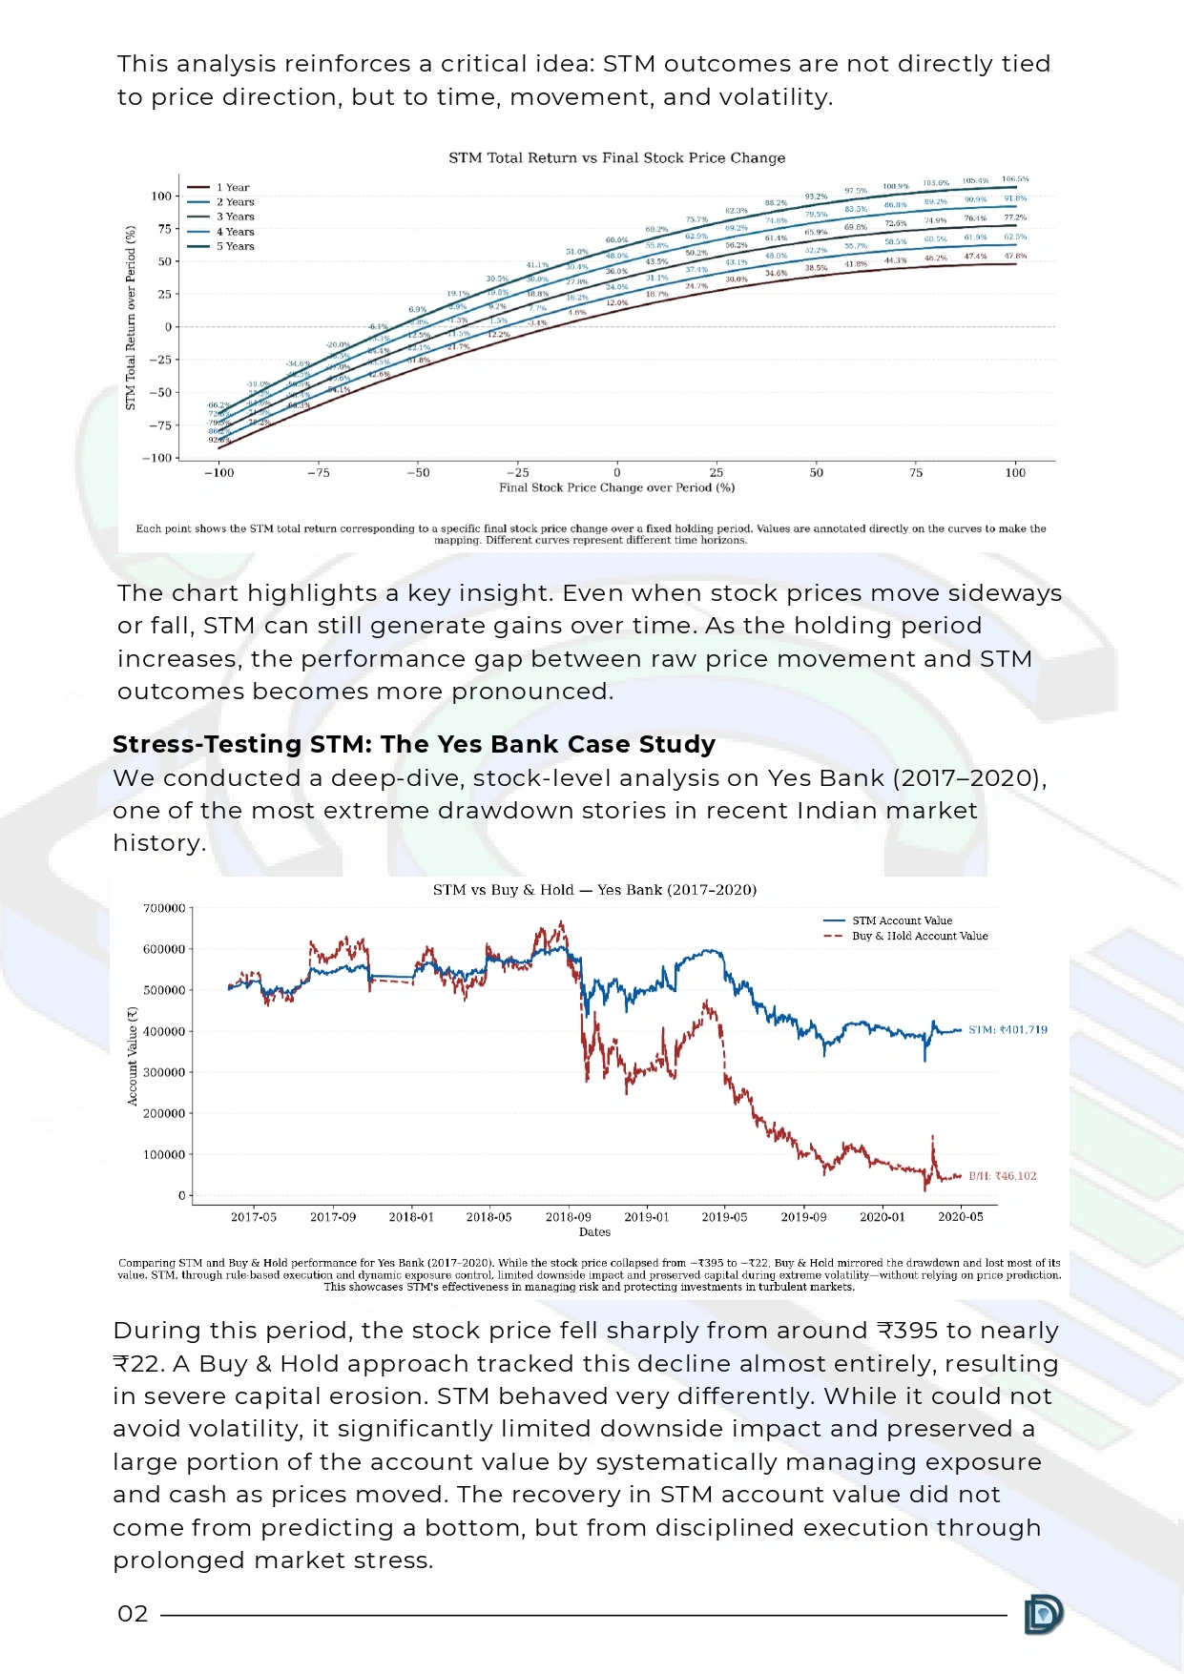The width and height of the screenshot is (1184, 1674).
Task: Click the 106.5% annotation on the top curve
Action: pyautogui.click(x=1015, y=179)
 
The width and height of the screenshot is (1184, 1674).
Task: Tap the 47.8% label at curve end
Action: pyautogui.click(x=1015, y=256)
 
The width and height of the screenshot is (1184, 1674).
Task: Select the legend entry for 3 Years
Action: pyautogui.click(x=235, y=217)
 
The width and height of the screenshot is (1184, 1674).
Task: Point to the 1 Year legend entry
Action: pyautogui.click(x=232, y=188)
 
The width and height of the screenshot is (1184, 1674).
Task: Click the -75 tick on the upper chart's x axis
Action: pyautogui.click(x=319, y=472)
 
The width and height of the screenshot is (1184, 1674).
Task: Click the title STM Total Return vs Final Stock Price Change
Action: pyautogui.click(x=616, y=157)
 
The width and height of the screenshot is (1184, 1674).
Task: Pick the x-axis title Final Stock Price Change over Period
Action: pyautogui.click(x=616, y=487)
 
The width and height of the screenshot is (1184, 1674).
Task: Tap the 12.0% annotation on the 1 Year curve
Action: pyautogui.click(x=617, y=302)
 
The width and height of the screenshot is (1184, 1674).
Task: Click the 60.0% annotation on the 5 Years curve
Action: pyautogui.click(x=616, y=240)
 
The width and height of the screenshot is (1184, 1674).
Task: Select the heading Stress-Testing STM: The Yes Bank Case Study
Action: pyautogui.click(x=414, y=744)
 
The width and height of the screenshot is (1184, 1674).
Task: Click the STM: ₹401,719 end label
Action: pyautogui.click(x=1007, y=1029)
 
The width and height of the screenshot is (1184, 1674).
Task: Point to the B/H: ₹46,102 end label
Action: pyautogui.click(x=1002, y=1176)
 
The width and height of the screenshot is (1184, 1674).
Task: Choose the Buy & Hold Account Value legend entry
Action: pyautogui.click(x=919, y=936)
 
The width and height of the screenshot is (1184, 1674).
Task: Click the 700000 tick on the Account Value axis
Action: pyautogui.click(x=163, y=908)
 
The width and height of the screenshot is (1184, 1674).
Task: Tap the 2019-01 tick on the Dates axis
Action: pyautogui.click(x=647, y=1217)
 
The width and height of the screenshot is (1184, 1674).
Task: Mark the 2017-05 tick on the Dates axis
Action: pyautogui.click(x=254, y=1217)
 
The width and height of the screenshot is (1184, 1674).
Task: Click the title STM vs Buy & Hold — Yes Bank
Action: pyautogui.click(x=594, y=890)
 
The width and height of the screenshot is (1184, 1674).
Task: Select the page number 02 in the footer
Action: pyautogui.click(x=133, y=1614)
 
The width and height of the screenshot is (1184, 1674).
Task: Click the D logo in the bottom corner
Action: pyautogui.click(x=1043, y=1614)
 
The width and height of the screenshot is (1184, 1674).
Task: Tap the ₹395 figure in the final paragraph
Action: pyautogui.click(x=908, y=1331)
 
